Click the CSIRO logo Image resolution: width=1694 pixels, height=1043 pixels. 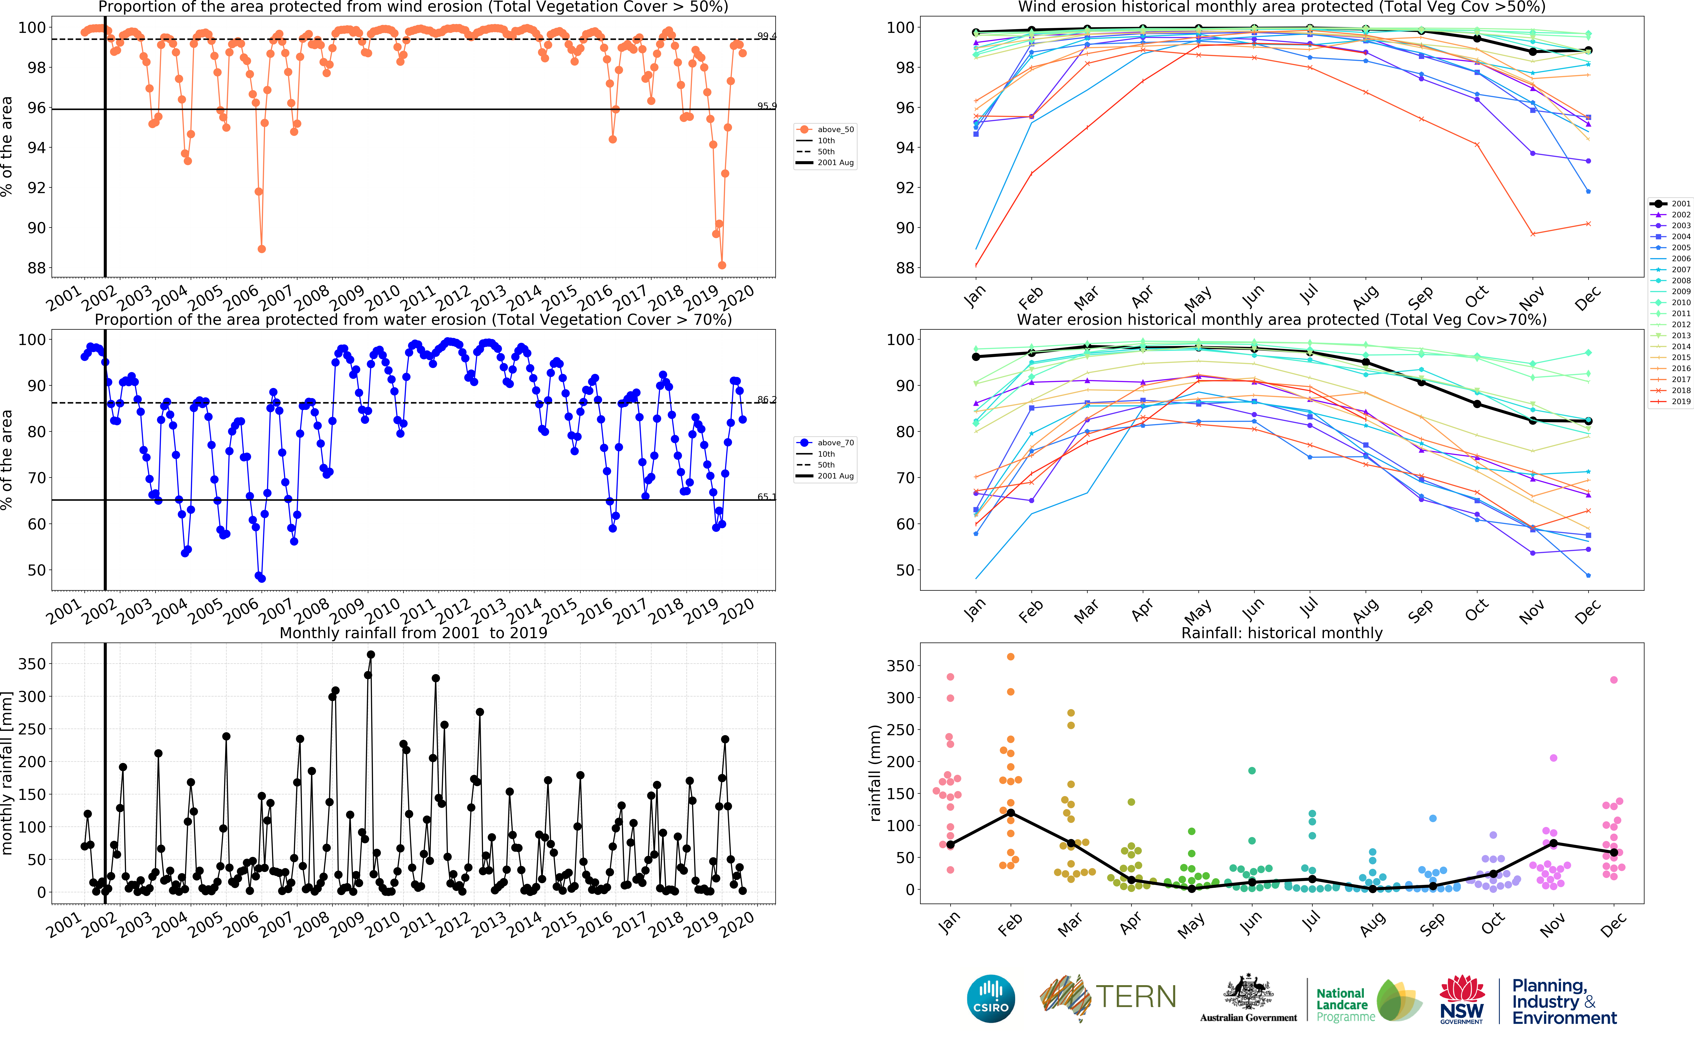991,998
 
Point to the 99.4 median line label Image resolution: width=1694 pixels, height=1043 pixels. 766,36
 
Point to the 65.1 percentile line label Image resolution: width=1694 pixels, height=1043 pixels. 766,497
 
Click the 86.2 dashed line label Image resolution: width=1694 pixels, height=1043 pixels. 766,399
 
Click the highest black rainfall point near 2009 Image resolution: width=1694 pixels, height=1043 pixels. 371,655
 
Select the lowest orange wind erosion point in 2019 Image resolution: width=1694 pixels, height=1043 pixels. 722,265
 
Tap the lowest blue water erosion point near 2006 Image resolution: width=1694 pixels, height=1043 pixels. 262,578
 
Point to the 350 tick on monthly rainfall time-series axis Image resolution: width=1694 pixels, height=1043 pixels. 32,664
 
